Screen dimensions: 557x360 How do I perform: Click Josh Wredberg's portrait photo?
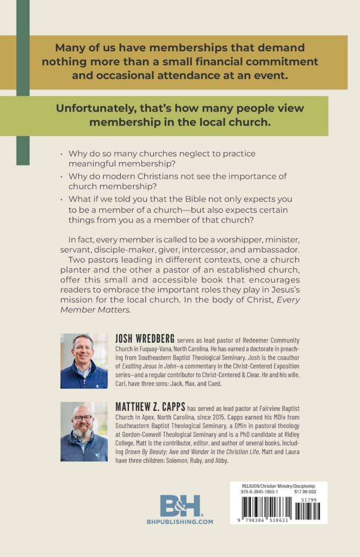coord(84,361)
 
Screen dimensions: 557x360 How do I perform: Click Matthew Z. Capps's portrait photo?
coord(84,431)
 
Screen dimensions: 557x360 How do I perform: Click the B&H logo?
coord(180,505)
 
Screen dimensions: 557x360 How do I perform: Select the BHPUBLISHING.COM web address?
coord(180,522)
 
